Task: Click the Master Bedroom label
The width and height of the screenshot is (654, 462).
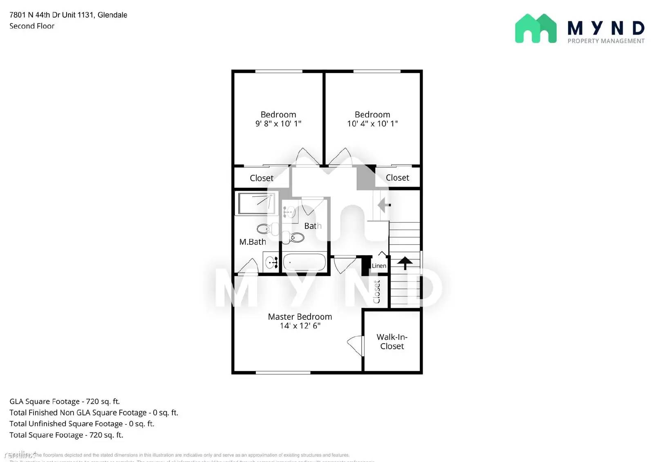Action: pos(300,317)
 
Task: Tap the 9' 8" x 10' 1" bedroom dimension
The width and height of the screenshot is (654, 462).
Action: pos(278,124)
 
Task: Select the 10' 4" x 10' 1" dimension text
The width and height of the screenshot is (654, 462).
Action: pos(372,124)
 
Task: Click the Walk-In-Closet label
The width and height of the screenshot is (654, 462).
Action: pos(392,341)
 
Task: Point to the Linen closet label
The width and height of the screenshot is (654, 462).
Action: pos(379,266)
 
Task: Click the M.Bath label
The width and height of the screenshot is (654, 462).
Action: pos(252,242)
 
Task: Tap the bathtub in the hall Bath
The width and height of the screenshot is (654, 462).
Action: pos(305,262)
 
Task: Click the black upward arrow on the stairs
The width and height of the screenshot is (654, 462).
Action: pos(405,263)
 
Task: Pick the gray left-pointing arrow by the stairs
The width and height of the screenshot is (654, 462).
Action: pos(383,204)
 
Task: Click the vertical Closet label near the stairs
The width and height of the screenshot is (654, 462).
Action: pos(377,292)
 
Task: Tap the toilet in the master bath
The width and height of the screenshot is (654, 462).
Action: pos(265,228)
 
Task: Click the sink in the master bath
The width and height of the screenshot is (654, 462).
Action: pos(271,263)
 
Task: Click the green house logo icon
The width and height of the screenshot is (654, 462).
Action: pos(535,29)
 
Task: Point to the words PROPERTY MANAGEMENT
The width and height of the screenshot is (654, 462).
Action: pos(606,41)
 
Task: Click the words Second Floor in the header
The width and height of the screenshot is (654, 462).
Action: pos(32,26)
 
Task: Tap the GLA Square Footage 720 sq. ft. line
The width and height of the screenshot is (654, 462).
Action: pos(65,402)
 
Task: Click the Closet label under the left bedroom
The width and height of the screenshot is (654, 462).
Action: pos(262,178)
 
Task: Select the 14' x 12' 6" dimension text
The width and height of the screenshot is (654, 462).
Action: pos(300,326)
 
